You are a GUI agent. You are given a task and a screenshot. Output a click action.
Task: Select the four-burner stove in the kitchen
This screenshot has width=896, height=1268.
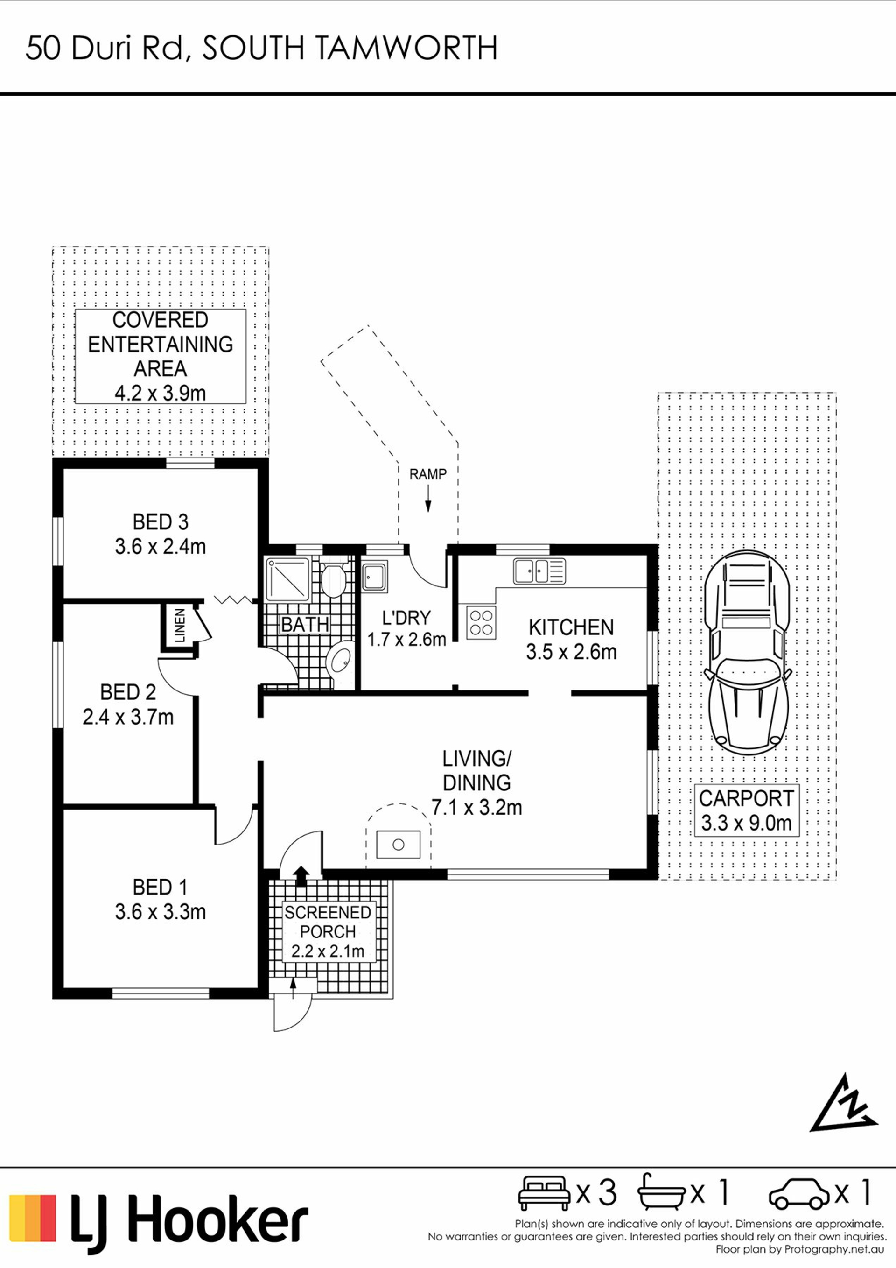click(x=481, y=622)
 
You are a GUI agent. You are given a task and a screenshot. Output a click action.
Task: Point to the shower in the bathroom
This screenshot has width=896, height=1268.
click(x=287, y=579)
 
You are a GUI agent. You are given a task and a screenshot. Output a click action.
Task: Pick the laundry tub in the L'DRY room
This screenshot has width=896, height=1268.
click(x=374, y=576)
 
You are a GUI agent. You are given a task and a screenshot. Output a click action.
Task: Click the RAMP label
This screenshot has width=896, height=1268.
click(x=428, y=474)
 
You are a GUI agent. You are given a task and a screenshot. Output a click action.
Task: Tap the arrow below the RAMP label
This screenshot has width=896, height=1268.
click(x=428, y=498)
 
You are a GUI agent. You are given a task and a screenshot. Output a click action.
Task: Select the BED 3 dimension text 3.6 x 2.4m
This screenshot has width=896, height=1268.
click(x=160, y=547)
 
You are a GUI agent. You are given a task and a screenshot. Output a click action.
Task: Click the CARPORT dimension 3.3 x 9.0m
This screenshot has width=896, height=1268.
click(x=746, y=824)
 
